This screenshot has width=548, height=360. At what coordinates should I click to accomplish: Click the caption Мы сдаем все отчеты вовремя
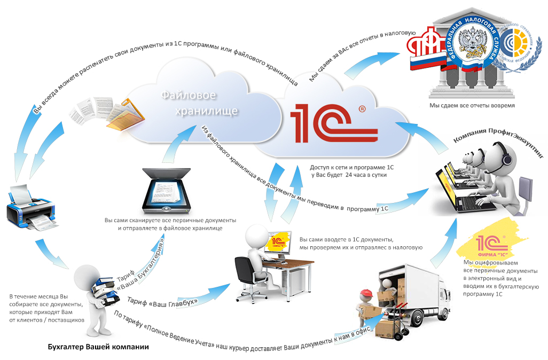472,105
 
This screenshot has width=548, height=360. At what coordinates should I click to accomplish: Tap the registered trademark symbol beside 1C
363,109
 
